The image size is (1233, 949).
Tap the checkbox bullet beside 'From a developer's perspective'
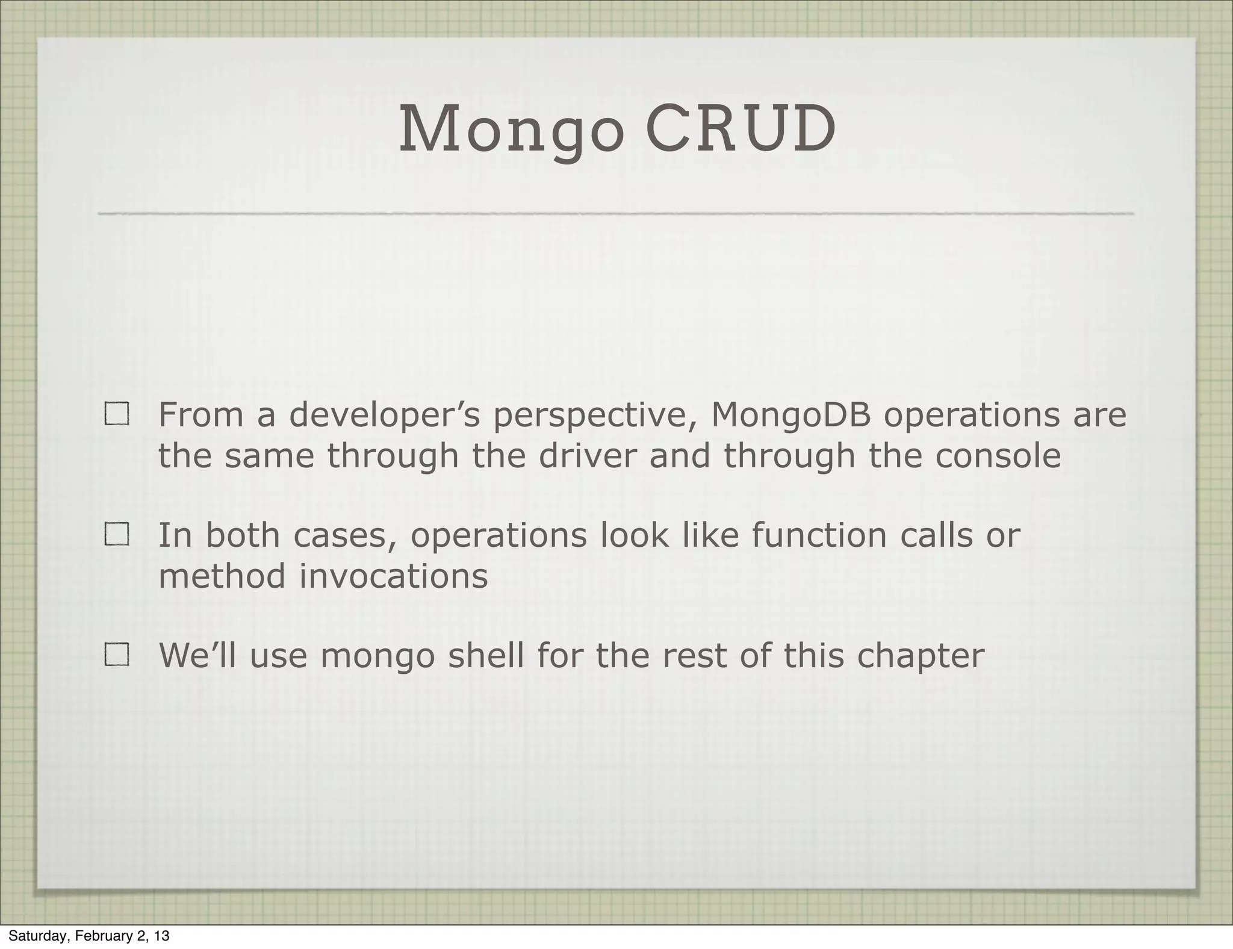coord(117,415)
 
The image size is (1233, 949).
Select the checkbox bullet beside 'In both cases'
coord(117,535)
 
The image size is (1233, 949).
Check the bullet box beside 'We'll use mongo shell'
coord(117,655)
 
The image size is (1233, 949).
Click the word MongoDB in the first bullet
coord(791,415)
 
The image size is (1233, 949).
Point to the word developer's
coord(385,415)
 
